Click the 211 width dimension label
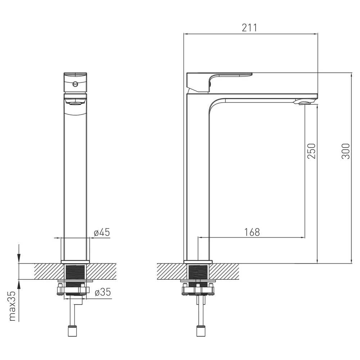point(249,28)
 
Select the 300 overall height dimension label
point(346,151)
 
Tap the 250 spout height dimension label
point(311,151)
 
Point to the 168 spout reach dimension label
point(252,232)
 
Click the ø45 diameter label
point(102,232)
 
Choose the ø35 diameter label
point(103,292)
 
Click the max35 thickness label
point(12,306)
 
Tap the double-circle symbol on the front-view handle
point(75,84)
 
